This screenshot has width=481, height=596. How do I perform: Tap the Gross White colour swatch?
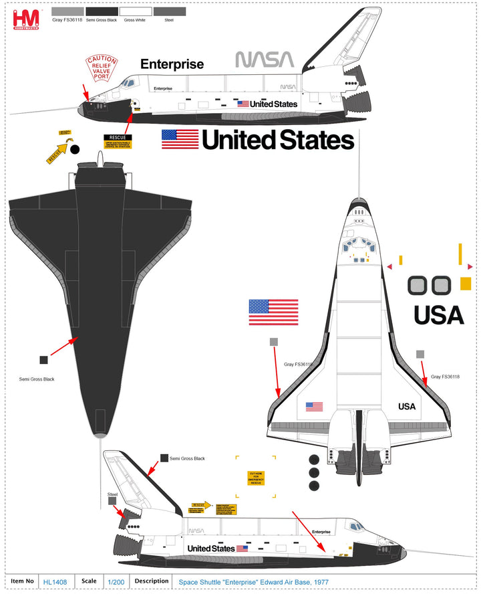[136, 12]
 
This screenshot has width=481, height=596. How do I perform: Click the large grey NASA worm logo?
[265, 60]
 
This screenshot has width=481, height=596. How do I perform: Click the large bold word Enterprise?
[172, 64]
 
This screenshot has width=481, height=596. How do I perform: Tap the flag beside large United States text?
[180, 139]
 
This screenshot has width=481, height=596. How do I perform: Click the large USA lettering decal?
[438, 314]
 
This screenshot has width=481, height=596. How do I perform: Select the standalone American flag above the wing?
[273, 312]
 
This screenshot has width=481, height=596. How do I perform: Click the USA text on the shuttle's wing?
[407, 406]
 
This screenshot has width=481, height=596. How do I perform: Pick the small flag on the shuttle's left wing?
[314, 406]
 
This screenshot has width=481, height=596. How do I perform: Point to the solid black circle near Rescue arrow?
[75, 148]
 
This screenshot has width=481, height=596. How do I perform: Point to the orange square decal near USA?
[466, 284]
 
